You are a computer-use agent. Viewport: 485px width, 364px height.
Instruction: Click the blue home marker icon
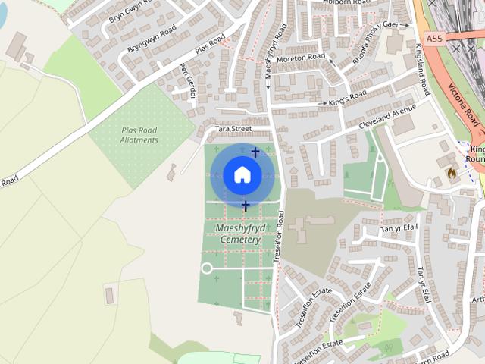242,175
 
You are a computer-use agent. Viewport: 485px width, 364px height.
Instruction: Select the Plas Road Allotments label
139,135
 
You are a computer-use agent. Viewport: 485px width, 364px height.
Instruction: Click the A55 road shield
433,38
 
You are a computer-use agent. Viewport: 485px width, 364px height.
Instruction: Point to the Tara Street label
233,129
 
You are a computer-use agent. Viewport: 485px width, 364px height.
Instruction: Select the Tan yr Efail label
399,227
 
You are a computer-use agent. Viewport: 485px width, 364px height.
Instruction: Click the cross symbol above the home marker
255,153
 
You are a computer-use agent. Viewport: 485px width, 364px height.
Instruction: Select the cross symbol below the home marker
245,206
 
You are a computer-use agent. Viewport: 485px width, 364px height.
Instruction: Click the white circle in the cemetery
206,268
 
